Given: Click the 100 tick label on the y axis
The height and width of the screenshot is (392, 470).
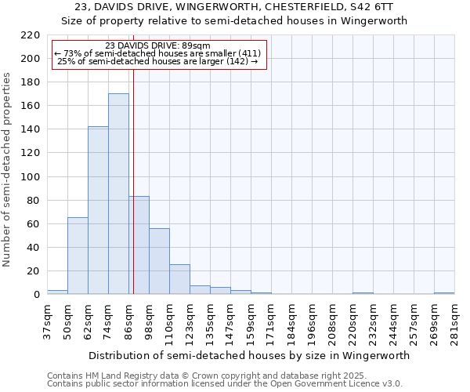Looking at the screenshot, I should [x=31, y=177].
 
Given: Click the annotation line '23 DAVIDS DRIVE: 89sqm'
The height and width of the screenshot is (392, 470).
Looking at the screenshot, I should [x=157, y=46].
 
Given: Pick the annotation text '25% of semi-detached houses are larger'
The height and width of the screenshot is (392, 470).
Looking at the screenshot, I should [x=157, y=61].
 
